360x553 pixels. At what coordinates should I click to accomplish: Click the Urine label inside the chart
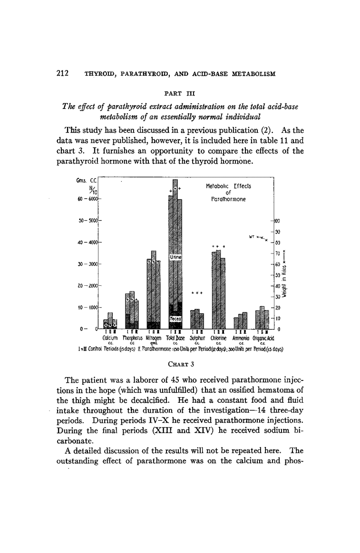click(175, 257)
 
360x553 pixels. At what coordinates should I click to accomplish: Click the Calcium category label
click(110, 338)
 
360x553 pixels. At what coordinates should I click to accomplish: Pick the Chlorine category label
click(219, 338)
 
